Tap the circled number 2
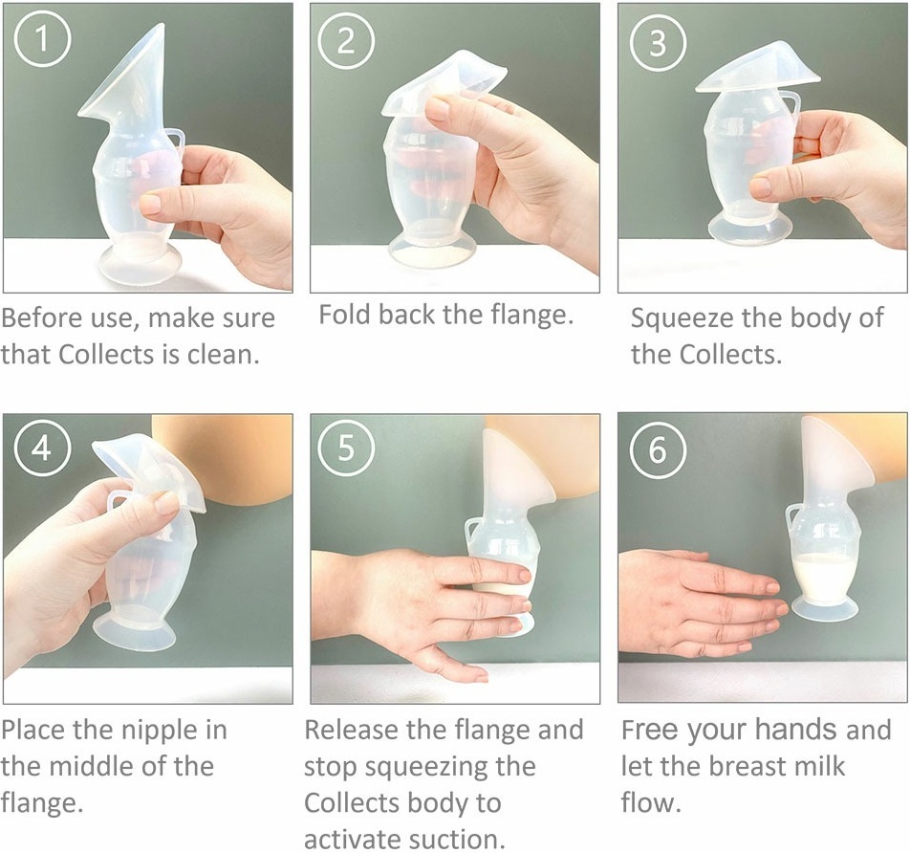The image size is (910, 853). coord(346,41)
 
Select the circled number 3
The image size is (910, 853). coord(658,42)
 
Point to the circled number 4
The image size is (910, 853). coord(42,448)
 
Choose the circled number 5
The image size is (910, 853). coord(346,448)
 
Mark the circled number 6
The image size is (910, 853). coord(658,449)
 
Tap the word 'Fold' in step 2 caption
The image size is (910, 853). coord(345,315)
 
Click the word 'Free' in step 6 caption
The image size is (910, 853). coord(649,730)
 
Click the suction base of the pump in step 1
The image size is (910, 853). coord(141,265)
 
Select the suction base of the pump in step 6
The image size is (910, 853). coord(825,608)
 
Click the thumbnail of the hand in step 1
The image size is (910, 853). coord(150,204)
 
